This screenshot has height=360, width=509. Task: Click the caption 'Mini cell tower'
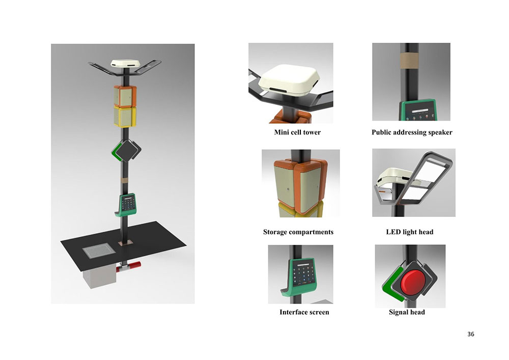[297, 132]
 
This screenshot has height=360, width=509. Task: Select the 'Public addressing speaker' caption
[412, 132]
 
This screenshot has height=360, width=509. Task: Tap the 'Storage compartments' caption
[298, 232]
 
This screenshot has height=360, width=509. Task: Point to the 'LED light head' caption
[409, 232]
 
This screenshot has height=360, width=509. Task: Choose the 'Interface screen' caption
[304, 312]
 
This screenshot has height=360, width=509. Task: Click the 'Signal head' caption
[407, 312]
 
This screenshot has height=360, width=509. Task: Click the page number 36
[471, 334]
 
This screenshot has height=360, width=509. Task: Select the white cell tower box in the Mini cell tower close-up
[290, 80]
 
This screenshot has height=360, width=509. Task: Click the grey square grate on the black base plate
[98, 251]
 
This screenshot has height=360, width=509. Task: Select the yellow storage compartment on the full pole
[125, 117]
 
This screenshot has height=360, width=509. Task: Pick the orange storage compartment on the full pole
[125, 96]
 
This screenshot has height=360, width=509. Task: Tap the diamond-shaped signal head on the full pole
[127, 151]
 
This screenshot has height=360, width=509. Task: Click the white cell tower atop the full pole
[125, 64]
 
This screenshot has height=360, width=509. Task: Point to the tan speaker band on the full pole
[125, 180]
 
